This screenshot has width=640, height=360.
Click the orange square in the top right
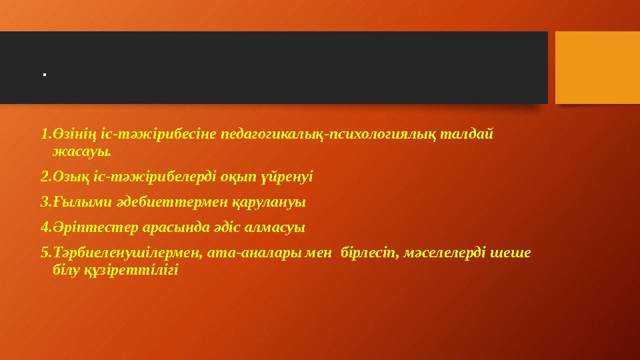[597, 68]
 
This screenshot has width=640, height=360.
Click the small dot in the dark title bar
[43, 74]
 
